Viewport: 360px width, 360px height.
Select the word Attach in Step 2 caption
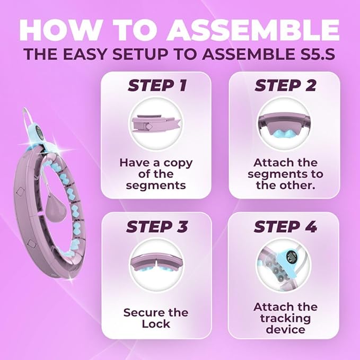[271, 163]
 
